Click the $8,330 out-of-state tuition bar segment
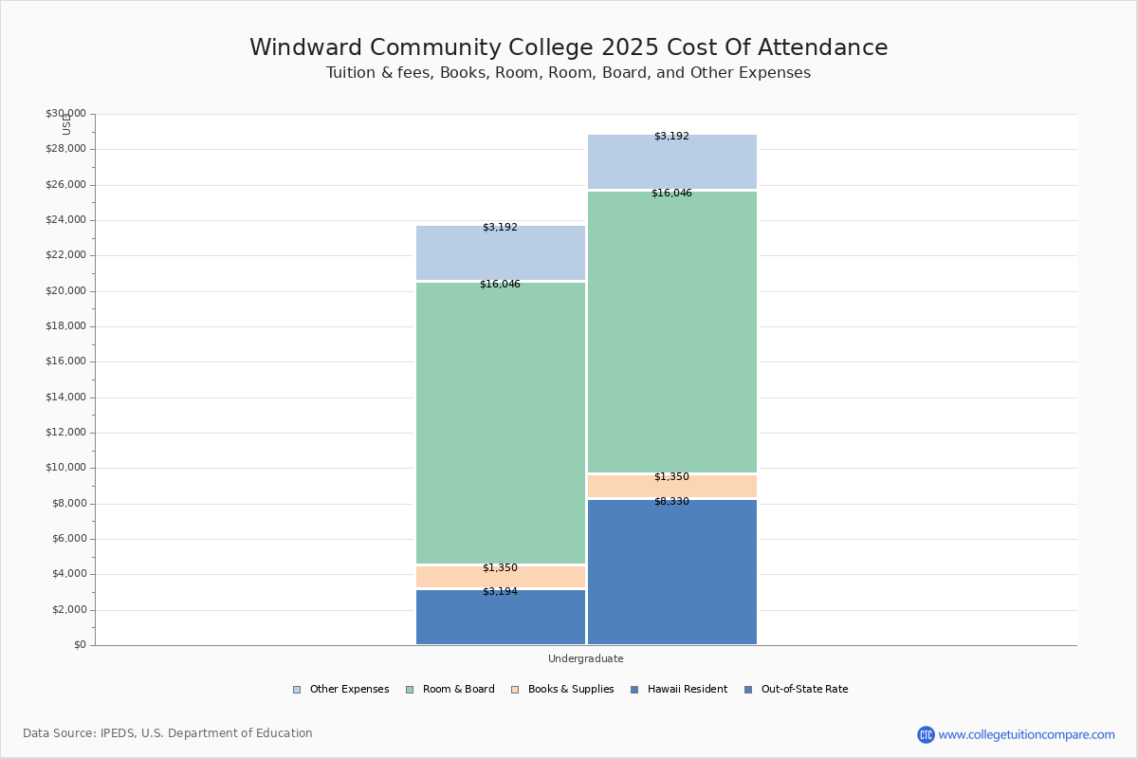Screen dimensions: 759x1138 (671, 571)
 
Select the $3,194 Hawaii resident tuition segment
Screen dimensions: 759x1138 (500, 617)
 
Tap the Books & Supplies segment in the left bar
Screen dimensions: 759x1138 (500, 577)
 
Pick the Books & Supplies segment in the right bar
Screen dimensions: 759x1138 (671, 486)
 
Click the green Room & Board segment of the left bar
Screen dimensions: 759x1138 (500, 422)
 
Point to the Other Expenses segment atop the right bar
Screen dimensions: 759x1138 (671, 161)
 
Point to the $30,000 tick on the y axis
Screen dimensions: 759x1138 (65, 114)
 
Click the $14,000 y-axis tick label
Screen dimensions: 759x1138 (65, 398)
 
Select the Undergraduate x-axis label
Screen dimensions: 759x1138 (585, 658)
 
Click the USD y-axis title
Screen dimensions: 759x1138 (66, 124)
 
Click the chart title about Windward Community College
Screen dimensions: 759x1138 (568, 47)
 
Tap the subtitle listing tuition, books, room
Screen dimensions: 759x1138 (568, 73)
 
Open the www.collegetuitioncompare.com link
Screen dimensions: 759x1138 (1026, 734)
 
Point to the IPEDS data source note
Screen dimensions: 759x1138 (168, 733)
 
